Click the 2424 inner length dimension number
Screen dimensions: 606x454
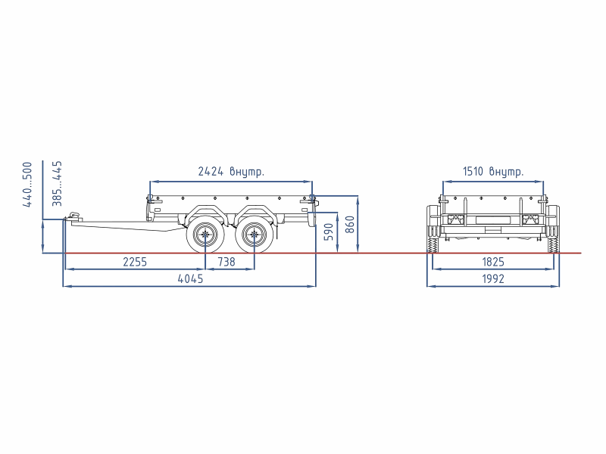[211, 171]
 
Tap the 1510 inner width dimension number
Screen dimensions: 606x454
[473, 171]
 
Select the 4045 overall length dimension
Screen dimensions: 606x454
[190, 278]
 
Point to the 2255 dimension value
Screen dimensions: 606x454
[135, 262]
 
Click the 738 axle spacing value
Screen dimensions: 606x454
[226, 262]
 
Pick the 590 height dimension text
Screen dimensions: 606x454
[329, 232]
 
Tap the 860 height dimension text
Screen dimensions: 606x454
[349, 224]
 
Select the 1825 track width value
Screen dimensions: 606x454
[493, 262]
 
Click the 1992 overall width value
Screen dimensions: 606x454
[493, 278]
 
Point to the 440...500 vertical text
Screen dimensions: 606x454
[27, 185]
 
